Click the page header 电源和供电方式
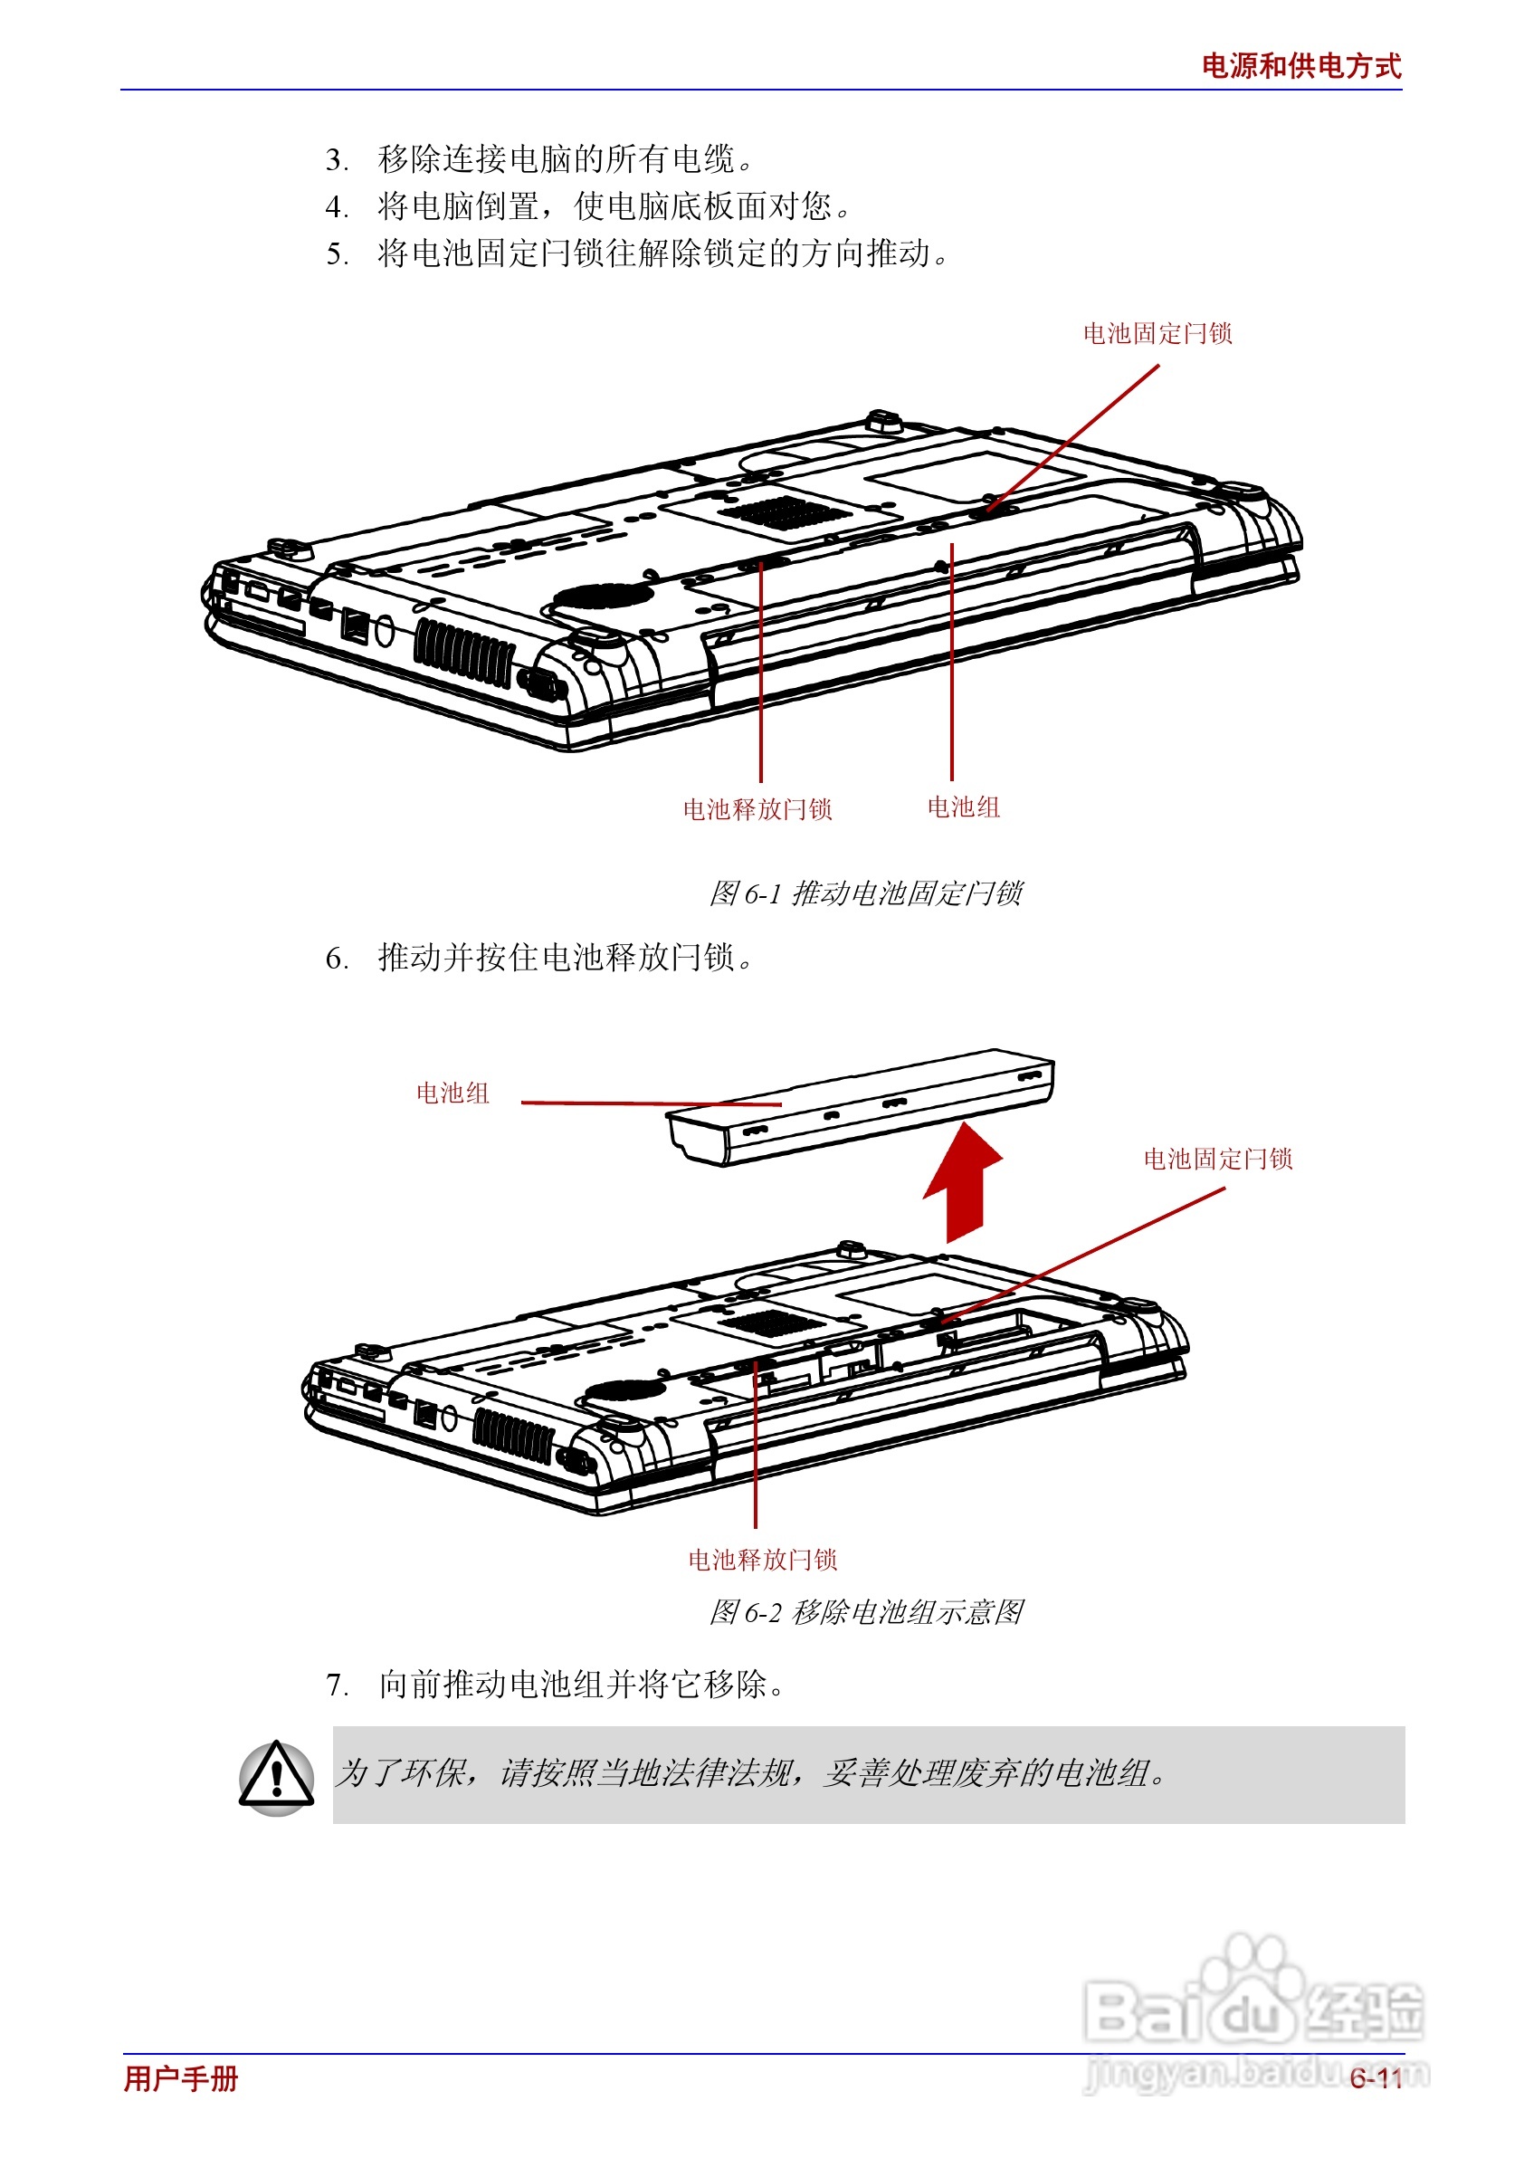pos(1300,66)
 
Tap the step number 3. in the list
pos(337,160)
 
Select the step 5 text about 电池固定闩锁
pos(663,253)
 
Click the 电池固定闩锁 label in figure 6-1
pos(1157,334)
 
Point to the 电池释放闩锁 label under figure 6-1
pos(757,809)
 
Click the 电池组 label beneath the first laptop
pos(963,807)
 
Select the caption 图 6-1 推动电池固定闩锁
pos(864,893)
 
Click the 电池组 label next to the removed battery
pos(452,1093)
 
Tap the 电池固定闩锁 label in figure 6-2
pos(1218,1159)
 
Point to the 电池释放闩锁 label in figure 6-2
pos(762,1561)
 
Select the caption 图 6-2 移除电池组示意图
pos(864,1613)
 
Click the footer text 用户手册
pos(181,2078)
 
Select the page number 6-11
pos(1376,2078)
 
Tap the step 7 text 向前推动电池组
pos(581,1685)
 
